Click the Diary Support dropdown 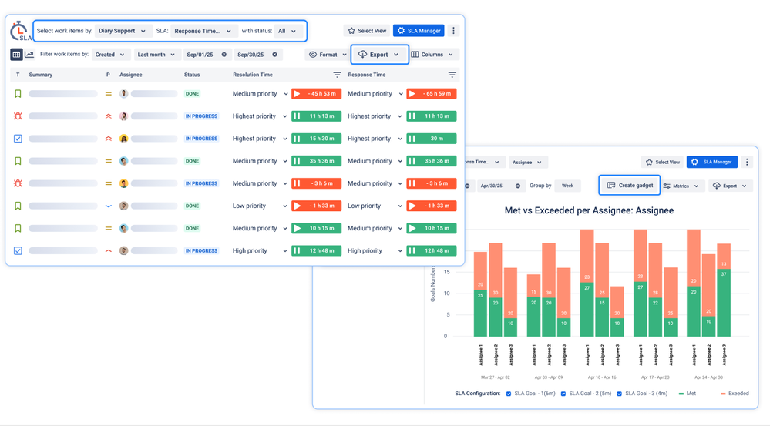[122, 31]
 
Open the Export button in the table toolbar [379, 55]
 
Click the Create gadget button [630, 186]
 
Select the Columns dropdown [432, 55]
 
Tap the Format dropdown [328, 55]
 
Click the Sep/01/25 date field [206, 55]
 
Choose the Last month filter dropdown [156, 55]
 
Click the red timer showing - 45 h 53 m [316, 94]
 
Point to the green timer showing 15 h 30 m [316, 139]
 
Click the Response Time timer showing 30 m [432, 139]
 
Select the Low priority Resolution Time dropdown [260, 206]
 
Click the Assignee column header [130, 75]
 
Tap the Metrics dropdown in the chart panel [681, 186]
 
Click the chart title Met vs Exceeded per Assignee [589, 210]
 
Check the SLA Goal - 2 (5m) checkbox [563, 394]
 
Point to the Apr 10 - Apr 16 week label [602, 378]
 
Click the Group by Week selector [567, 186]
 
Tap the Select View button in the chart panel [662, 163]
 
